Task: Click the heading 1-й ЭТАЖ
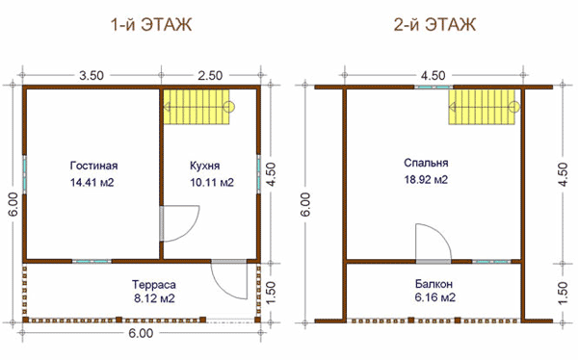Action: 151,25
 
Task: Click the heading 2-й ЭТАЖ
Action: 435,25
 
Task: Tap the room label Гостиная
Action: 94,166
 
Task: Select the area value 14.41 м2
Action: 92,182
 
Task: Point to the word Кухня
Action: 205,166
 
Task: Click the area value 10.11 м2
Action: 212,182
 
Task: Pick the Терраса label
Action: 154,285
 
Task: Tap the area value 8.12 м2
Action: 154,298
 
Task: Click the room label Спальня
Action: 426,163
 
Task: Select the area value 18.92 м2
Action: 426,179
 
